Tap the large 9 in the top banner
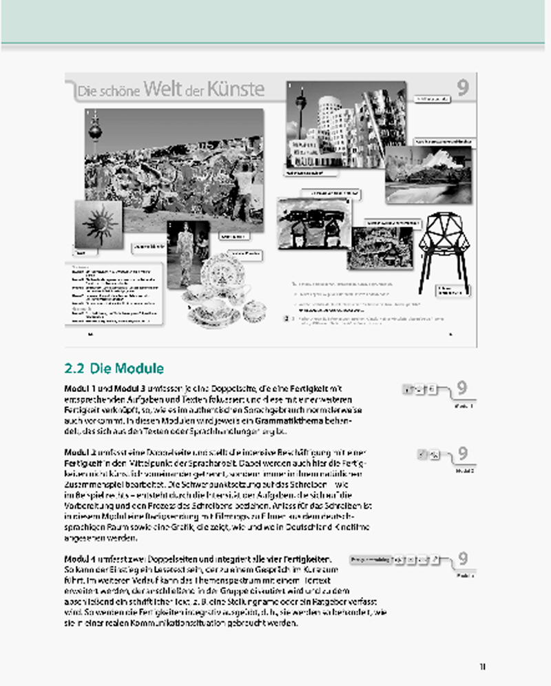463,87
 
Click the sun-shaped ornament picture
98,222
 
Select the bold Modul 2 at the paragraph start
81,451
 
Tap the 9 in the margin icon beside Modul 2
463,453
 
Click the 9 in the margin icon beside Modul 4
463,559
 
